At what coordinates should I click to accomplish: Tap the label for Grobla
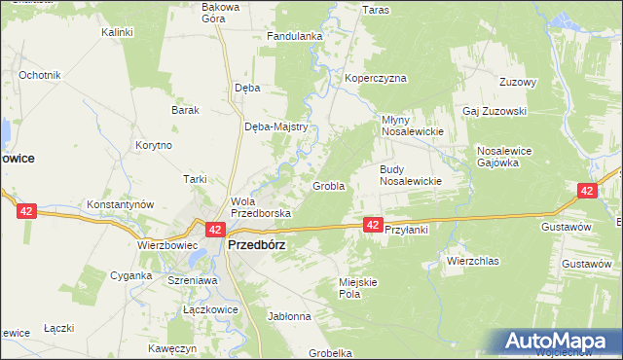coord(328,186)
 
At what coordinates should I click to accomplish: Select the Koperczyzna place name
coord(375,79)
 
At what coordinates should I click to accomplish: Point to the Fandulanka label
coord(295,37)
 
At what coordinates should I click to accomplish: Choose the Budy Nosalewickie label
coord(411,175)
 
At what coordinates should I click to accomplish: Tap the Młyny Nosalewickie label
coord(411,126)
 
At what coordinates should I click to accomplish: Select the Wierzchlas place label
coord(472,261)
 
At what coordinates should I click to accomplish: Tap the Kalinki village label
coord(117,32)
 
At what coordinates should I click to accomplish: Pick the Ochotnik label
coord(40,75)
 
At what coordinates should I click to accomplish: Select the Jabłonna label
coord(288,316)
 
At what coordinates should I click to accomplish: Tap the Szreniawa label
coord(192,279)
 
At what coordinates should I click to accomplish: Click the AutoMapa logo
coord(560,342)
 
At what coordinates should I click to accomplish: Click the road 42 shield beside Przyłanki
coord(373,225)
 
